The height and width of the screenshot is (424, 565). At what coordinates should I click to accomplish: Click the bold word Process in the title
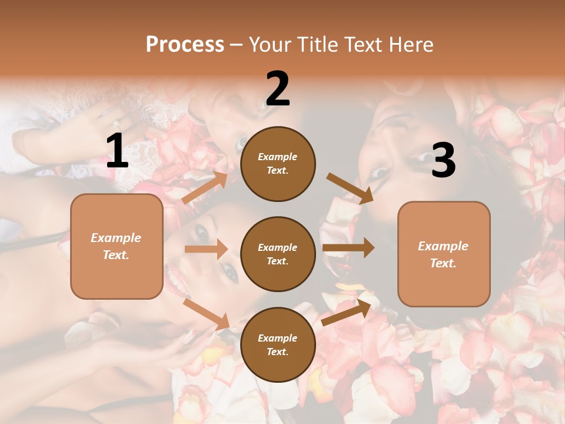point(185,44)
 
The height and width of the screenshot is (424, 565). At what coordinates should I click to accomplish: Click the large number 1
point(117,151)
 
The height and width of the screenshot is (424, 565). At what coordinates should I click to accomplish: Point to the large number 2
point(278,89)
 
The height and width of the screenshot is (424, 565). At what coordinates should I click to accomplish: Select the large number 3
point(443,161)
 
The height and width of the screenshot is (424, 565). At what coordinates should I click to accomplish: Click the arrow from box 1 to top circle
point(205,188)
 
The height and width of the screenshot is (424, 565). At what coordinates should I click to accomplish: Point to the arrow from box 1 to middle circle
point(206,249)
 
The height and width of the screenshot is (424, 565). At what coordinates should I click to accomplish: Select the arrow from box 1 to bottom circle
point(206,313)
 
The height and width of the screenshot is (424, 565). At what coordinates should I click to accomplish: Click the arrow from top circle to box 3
point(350,188)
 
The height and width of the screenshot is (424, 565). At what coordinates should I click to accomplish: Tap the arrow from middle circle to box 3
point(348,248)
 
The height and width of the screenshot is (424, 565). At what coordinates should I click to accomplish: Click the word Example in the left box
point(116,238)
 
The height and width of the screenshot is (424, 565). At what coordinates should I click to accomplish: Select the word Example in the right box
point(443,246)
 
